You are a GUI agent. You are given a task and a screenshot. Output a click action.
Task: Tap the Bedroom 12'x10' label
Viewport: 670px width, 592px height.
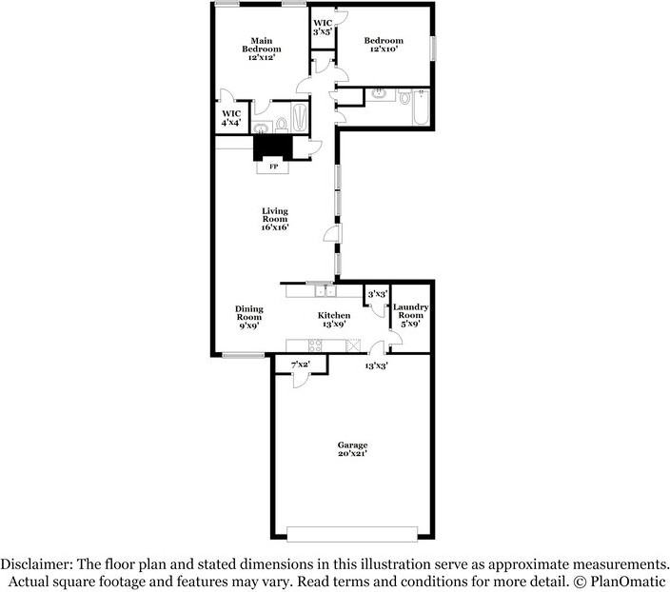click(x=384, y=45)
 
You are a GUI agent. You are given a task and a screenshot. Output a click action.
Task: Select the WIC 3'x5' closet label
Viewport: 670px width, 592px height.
click(x=322, y=27)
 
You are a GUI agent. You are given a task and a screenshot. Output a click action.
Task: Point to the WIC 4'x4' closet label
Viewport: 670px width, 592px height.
click(x=231, y=118)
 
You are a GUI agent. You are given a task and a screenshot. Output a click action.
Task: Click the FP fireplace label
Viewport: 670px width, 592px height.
click(x=274, y=168)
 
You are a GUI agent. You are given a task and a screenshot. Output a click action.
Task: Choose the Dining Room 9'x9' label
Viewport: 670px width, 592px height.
click(x=249, y=316)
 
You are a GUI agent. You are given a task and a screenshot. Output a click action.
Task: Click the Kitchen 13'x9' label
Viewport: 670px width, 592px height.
click(x=334, y=320)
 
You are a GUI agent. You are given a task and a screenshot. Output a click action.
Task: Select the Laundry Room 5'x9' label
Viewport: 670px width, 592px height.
click(x=411, y=315)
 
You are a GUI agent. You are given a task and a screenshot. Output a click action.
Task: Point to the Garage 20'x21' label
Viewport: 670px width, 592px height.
click(x=352, y=449)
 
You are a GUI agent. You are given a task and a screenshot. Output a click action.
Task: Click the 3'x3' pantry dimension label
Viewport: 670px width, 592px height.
click(x=378, y=295)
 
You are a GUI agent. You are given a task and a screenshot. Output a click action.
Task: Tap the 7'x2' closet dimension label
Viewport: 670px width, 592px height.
click(x=301, y=365)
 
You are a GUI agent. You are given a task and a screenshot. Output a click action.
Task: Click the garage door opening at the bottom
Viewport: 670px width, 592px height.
click(x=352, y=533)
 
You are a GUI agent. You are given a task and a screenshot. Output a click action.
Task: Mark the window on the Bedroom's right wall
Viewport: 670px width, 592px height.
click(x=432, y=48)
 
